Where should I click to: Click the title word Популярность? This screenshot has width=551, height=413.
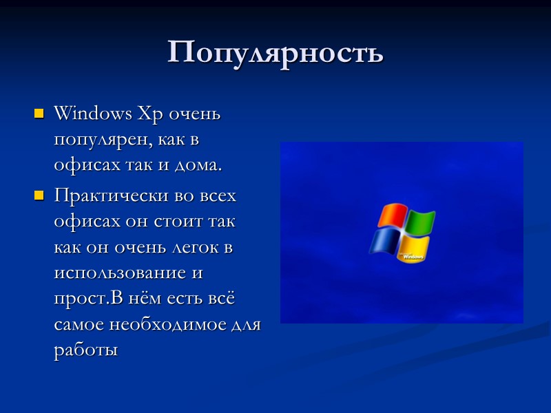pyautogui.click(x=275, y=52)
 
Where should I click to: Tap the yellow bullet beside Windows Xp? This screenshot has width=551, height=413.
pyautogui.click(x=39, y=113)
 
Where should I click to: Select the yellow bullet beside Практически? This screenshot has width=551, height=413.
pyautogui.click(x=39, y=197)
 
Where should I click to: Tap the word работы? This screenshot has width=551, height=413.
pyautogui.click(x=85, y=350)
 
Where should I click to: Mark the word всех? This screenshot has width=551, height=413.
pyautogui.click(x=218, y=196)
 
